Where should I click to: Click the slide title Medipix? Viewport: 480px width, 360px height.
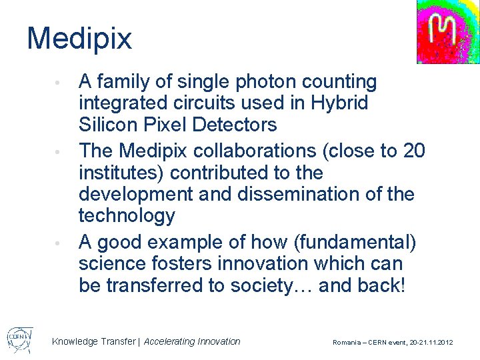click(x=79, y=39)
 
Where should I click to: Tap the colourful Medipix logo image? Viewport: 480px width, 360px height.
click(x=448, y=31)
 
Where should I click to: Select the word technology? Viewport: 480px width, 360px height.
click(x=127, y=215)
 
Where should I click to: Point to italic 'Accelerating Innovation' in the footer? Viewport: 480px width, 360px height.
click(x=192, y=341)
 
